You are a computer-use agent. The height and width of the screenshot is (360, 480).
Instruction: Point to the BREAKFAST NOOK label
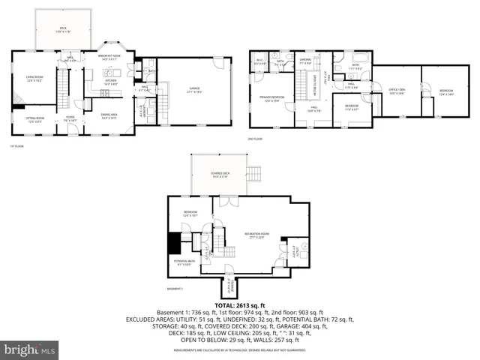coord(111,57)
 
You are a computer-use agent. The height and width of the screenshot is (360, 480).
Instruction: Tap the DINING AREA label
coord(109,117)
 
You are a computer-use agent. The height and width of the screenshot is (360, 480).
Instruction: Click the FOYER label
coord(70,118)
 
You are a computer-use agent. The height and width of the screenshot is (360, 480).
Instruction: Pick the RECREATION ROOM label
coord(259,236)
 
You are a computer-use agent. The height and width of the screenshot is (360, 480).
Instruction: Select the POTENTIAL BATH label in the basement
coord(185,263)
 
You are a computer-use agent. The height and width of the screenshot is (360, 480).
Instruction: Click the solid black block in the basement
coord(175,243)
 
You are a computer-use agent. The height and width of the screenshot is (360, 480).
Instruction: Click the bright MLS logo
coord(30,349)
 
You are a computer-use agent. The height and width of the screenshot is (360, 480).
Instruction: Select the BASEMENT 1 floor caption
coord(176,288)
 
